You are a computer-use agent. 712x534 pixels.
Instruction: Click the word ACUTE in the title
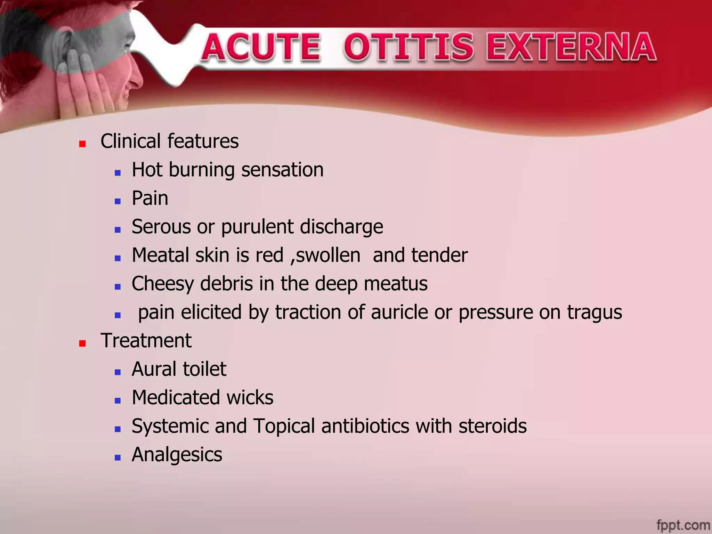(261, 47)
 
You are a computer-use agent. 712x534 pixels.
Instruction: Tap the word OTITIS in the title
(408, 47)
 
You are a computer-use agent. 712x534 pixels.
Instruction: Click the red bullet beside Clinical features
(82, 144)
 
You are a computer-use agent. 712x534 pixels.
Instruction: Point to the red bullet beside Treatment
(82, 343)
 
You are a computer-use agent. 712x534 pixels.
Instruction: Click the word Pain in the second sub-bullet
(150, 198)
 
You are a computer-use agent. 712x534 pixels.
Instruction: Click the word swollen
(327, 255)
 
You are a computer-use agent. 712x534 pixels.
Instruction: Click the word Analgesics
(177, 455)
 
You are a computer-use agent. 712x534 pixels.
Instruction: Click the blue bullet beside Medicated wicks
(118, 400)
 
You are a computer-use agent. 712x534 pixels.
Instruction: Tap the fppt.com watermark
(683, 525)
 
